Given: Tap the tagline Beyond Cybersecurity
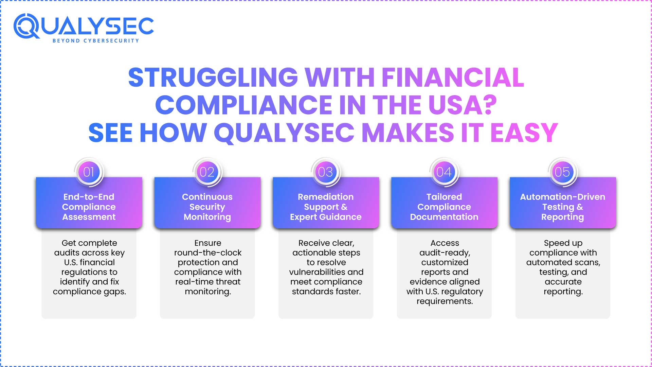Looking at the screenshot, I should pyautogui.click(x=96, y=41).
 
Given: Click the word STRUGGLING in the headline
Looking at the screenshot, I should pyautogui.click(x=213, y=77).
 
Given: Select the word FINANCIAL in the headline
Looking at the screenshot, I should pyautogui.click(x=453, y=77).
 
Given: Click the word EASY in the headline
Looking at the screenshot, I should pyautogui.click(x=524, y=133).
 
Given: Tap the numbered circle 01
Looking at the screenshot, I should pyautogui.click(x=89, y=172).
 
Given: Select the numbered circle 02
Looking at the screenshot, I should pyautogui.click(x=207, y=172).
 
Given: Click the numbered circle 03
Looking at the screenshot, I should pyautogui.click(x=326, y=172).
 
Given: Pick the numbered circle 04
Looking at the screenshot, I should pyautogui.click(x=444, y=172).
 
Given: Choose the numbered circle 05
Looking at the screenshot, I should pyautogui.click(x=562, y=172).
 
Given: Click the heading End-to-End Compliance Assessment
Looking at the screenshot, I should pyautogui.click(x=89, y=207).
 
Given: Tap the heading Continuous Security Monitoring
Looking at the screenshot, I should pyautogui.click(x=207, y=207).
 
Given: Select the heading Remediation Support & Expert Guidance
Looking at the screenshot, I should pyautogui.click(x=326, y=207).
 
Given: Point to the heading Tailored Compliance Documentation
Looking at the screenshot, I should pyautogui.click(x=444, y=207).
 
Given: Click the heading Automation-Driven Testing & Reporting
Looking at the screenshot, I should pyautogui.click(x=562, y=207).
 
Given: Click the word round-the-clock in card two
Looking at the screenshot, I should pyautogui.click(x=208, y=253).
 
